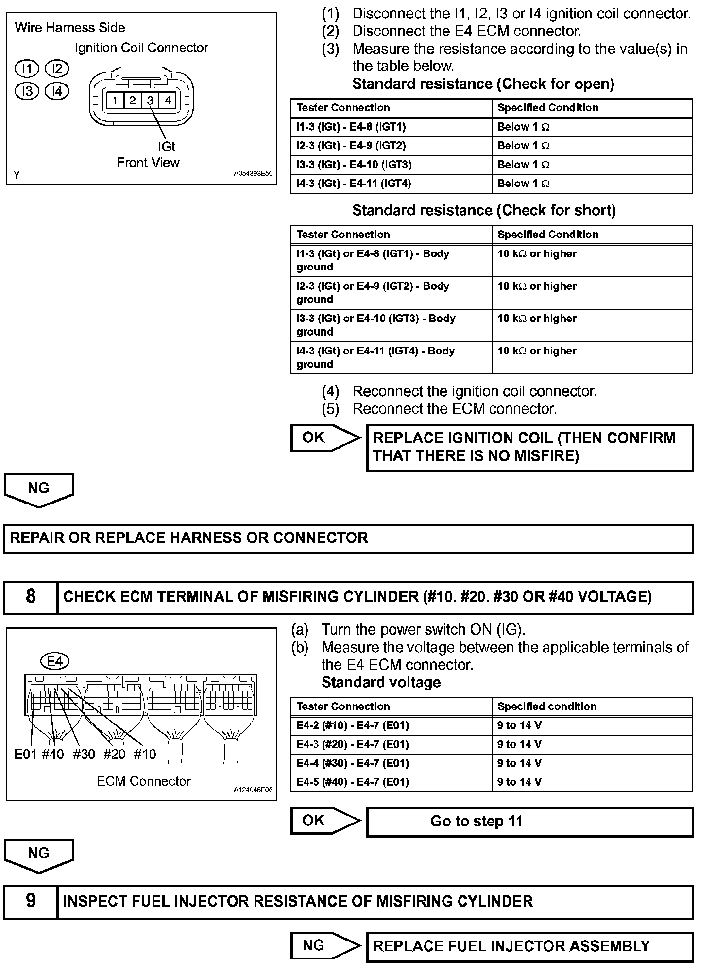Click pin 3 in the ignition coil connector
click(x=150, y=101)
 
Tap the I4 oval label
click(x=57, y=91)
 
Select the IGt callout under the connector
click(x=166, y=146)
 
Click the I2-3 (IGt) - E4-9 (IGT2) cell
click(x=391, y=146)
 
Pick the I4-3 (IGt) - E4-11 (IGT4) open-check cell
click(x=391, y=184)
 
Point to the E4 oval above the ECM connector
click(x=54, y=661)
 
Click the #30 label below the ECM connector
click(x=84, y=754)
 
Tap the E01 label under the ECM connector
click(x=25, y=754)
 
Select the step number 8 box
click(x=30, y=597)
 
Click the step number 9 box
click(x=30, y=901)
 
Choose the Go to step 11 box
click(x=529, y=821)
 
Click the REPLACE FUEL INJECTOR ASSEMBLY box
click(x=529, y=946)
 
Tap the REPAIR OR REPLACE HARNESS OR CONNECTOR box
click(x=348, y=538)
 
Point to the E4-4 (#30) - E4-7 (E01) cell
click(x=391, y=763)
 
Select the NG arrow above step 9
click(x=39, y=855)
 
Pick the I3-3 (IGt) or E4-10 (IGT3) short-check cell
click(x=391, y=325)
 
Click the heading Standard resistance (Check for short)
click(x=484, y=210)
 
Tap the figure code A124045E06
click(x=253, y=790)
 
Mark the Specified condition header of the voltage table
click(x=592, y=706)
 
